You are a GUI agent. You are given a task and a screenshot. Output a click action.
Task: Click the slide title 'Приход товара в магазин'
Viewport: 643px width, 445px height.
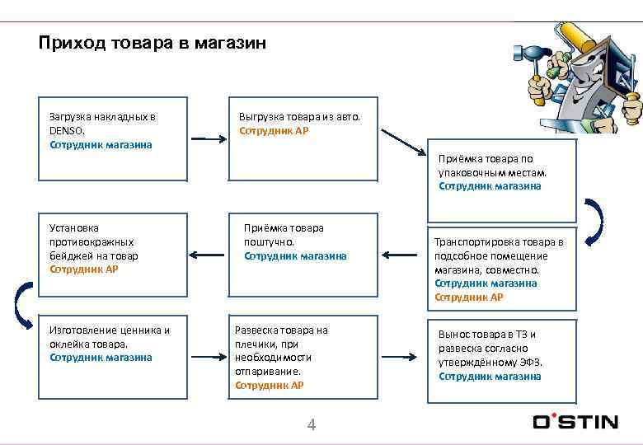[153, 43]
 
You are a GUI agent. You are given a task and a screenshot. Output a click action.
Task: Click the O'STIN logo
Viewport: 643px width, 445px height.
[575, 421]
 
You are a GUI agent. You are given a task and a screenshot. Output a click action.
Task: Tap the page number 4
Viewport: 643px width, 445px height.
[311, 424]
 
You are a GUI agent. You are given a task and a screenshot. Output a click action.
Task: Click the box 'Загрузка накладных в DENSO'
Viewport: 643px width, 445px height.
[113, 140]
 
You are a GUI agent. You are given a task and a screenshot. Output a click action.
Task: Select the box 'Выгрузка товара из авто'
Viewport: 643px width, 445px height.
[303, 140]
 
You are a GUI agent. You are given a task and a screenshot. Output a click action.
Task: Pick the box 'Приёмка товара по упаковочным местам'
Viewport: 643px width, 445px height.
[493, 172]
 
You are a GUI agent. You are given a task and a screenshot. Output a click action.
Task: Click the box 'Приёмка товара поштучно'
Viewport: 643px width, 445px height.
[303, 255]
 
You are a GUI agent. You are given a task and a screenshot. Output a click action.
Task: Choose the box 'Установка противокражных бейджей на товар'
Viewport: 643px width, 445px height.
[113, 255]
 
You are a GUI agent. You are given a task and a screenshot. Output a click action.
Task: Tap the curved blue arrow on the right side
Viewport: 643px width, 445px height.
[595, 220]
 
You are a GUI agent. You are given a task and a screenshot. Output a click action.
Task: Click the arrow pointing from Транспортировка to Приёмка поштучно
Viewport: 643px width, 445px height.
[402, 254]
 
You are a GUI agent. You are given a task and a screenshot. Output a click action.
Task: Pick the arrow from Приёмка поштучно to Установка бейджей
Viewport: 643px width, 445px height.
[208, 254]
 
